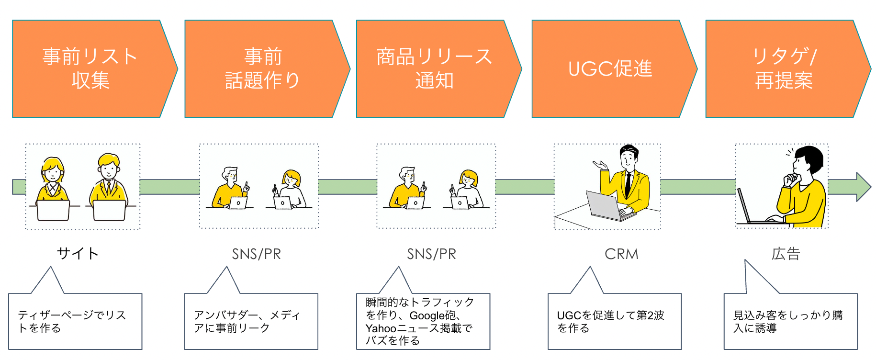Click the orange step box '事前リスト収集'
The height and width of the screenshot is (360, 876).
(91, 69)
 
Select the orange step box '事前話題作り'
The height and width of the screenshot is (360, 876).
(262, 69)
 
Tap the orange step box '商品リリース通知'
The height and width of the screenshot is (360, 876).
(434, 69)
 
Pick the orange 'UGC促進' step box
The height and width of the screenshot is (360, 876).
(610, 69)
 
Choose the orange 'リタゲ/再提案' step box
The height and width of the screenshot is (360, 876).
(784, 69)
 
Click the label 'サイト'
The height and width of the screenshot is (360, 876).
(78, 253)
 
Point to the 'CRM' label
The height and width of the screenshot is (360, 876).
(621, 254)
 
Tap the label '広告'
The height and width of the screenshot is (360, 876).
(786, 254)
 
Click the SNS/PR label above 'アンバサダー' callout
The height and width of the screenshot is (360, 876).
(256, 254)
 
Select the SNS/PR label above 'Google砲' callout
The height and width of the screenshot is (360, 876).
(431, 254)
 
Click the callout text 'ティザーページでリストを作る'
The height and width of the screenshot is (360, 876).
(72, 321)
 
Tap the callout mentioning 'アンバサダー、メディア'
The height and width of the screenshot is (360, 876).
(247, 321)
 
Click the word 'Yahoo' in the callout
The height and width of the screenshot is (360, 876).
(381, 328)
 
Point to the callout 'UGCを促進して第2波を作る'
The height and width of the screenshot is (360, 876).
(610, 321)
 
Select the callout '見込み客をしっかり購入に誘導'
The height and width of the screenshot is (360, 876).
(787, 321)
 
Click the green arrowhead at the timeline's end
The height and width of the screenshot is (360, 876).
(863, 187)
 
